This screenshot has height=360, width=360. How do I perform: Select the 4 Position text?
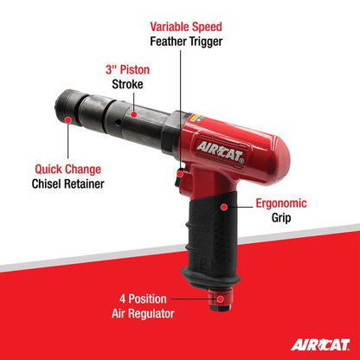tap(148, 298)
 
